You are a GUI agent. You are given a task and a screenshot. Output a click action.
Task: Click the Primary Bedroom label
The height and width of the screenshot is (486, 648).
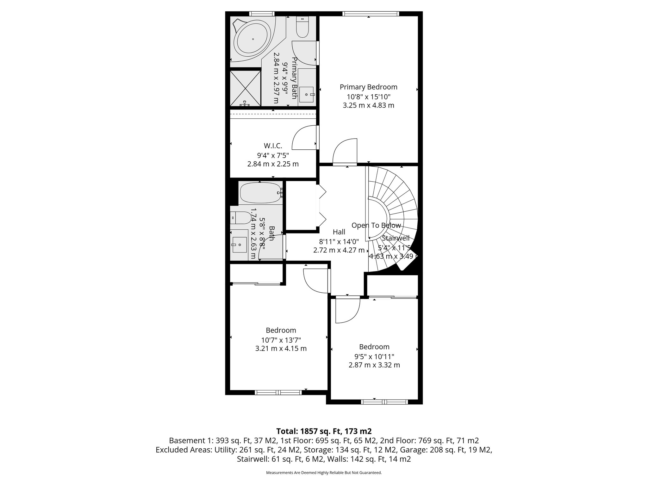click(x=368, y=87)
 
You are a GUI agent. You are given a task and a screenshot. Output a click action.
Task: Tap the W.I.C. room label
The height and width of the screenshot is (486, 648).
click(x=273, y=146)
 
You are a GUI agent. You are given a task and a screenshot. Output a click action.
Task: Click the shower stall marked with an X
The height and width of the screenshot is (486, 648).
click(x=245, y=88)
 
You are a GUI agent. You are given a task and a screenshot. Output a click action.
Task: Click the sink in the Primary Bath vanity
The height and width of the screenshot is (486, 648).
click(x=306, y=94)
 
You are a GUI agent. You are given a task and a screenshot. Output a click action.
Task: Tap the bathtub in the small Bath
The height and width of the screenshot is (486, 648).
click(x=260, y=193)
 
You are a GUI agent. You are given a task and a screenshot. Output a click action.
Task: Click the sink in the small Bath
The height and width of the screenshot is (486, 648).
click(x=240, y=245)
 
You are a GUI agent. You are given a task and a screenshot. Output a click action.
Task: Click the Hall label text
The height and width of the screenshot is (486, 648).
click(x=339, y=232)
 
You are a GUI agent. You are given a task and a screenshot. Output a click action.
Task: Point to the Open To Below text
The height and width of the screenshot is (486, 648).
click(x=376, y=225)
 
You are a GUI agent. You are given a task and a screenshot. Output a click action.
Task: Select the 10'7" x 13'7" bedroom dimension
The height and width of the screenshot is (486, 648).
click(x=281, y=340)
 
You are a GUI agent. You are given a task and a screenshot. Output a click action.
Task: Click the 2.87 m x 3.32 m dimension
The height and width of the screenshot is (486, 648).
click(x=374, y=365)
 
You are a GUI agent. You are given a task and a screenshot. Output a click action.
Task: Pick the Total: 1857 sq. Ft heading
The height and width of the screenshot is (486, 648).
click(x=324, y=431)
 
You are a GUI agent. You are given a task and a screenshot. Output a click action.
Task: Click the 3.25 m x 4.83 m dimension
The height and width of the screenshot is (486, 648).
click(x=368, y=105)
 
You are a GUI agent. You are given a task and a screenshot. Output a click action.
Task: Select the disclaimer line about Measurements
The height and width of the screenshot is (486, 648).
click(x=324, y=473)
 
